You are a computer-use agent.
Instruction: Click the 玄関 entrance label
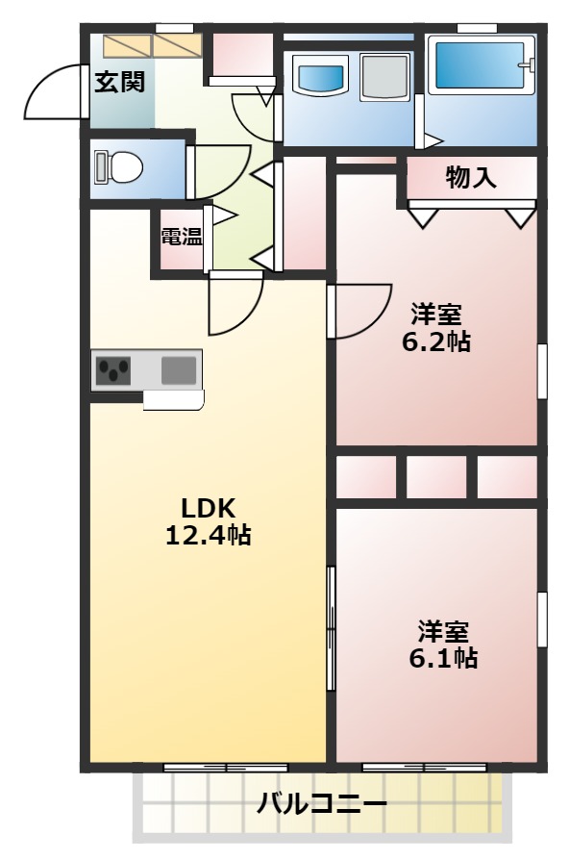tap(119, 83)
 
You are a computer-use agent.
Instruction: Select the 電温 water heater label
tap(181, 236)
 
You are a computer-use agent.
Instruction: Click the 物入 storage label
tap(471, 178)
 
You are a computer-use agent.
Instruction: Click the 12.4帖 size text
tap(209, 536)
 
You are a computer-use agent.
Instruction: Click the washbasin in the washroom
tap(320, 75)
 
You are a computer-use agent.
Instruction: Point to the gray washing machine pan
tap(384, 77)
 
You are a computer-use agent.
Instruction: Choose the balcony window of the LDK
tap(226, 767)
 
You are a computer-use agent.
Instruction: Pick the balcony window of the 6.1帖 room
tap(424, 767)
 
